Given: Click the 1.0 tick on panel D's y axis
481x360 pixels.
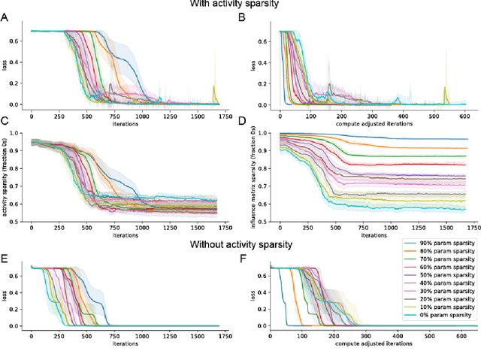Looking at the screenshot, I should (269, 133).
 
